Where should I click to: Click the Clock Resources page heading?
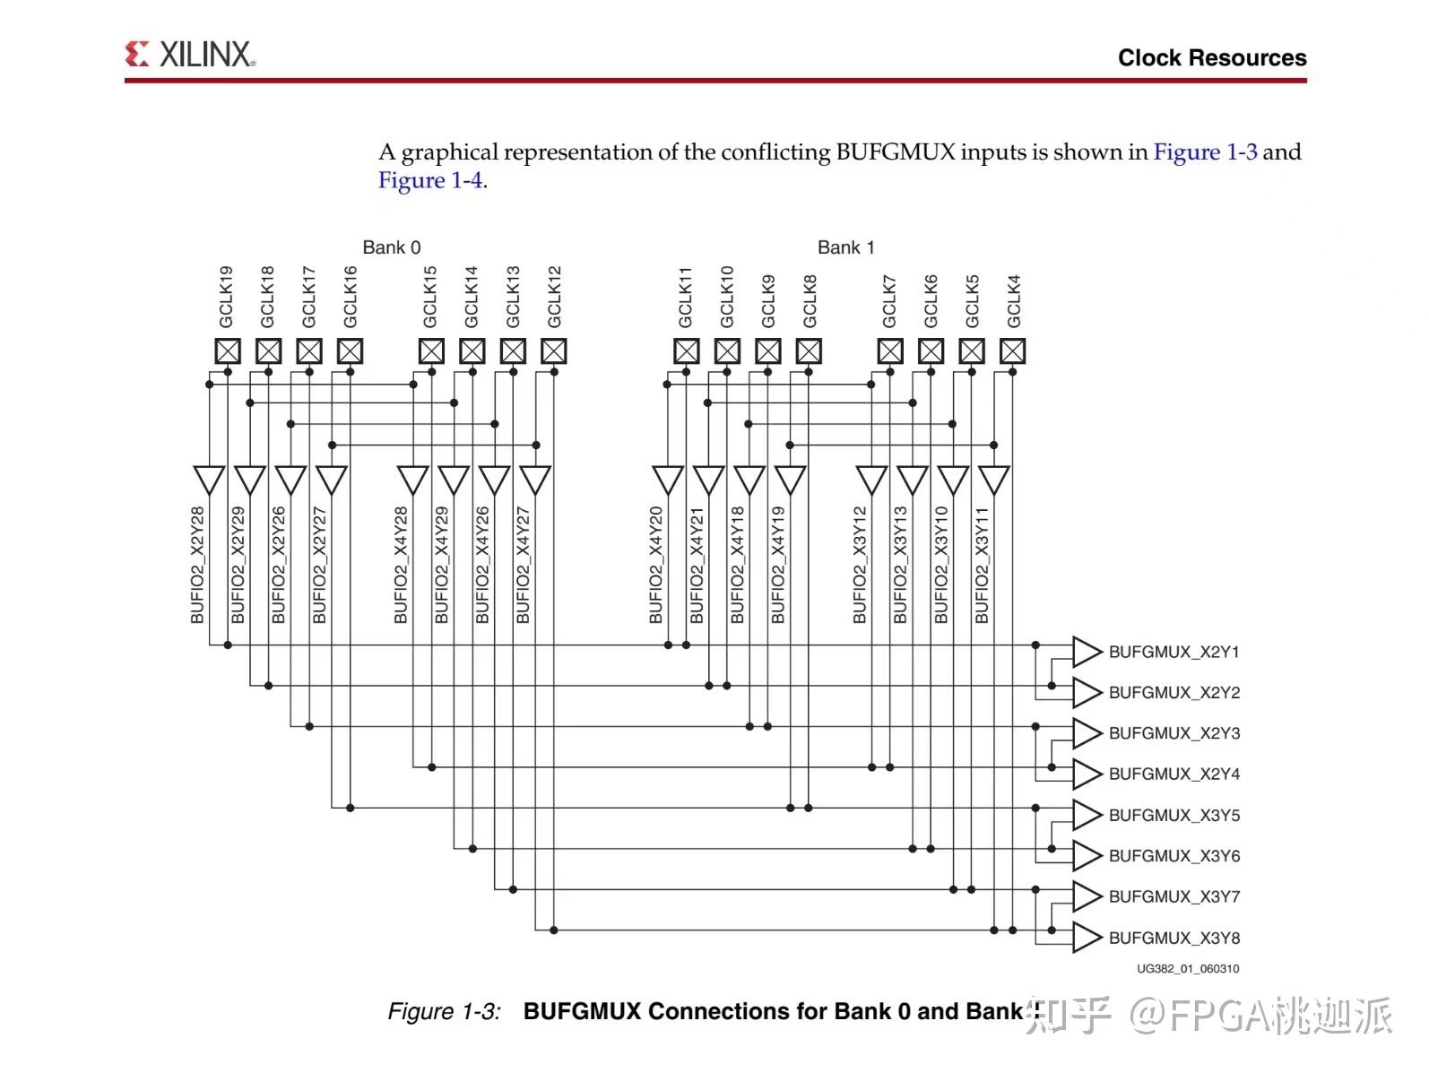click(1211, 57)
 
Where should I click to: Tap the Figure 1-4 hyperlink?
click(430, 180)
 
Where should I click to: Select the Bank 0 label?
click(391, 247)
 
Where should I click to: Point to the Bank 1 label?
click(845, 247)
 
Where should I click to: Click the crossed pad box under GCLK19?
click(228, 350)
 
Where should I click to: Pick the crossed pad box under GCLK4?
click(1012, 350)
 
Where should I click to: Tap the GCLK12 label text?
click(554, 297)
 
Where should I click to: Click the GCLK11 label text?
click(686, 297)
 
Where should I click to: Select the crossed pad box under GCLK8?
click(809, 350)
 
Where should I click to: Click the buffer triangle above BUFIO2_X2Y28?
click(209, 479)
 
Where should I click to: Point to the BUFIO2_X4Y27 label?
click(524, 565)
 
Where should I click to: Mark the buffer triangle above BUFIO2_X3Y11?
click(993, 479)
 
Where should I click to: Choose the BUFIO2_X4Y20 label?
click(656, 565)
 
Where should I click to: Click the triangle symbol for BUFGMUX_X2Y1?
click(1086, 652)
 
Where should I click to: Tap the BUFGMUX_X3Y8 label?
click(1174, 938)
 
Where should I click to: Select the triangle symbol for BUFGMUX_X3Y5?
click(1086, 815)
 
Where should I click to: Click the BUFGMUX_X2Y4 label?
click(1174, 774)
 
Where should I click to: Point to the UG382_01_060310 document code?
click(1188, 969)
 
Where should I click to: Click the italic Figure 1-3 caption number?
click(444, 1011)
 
